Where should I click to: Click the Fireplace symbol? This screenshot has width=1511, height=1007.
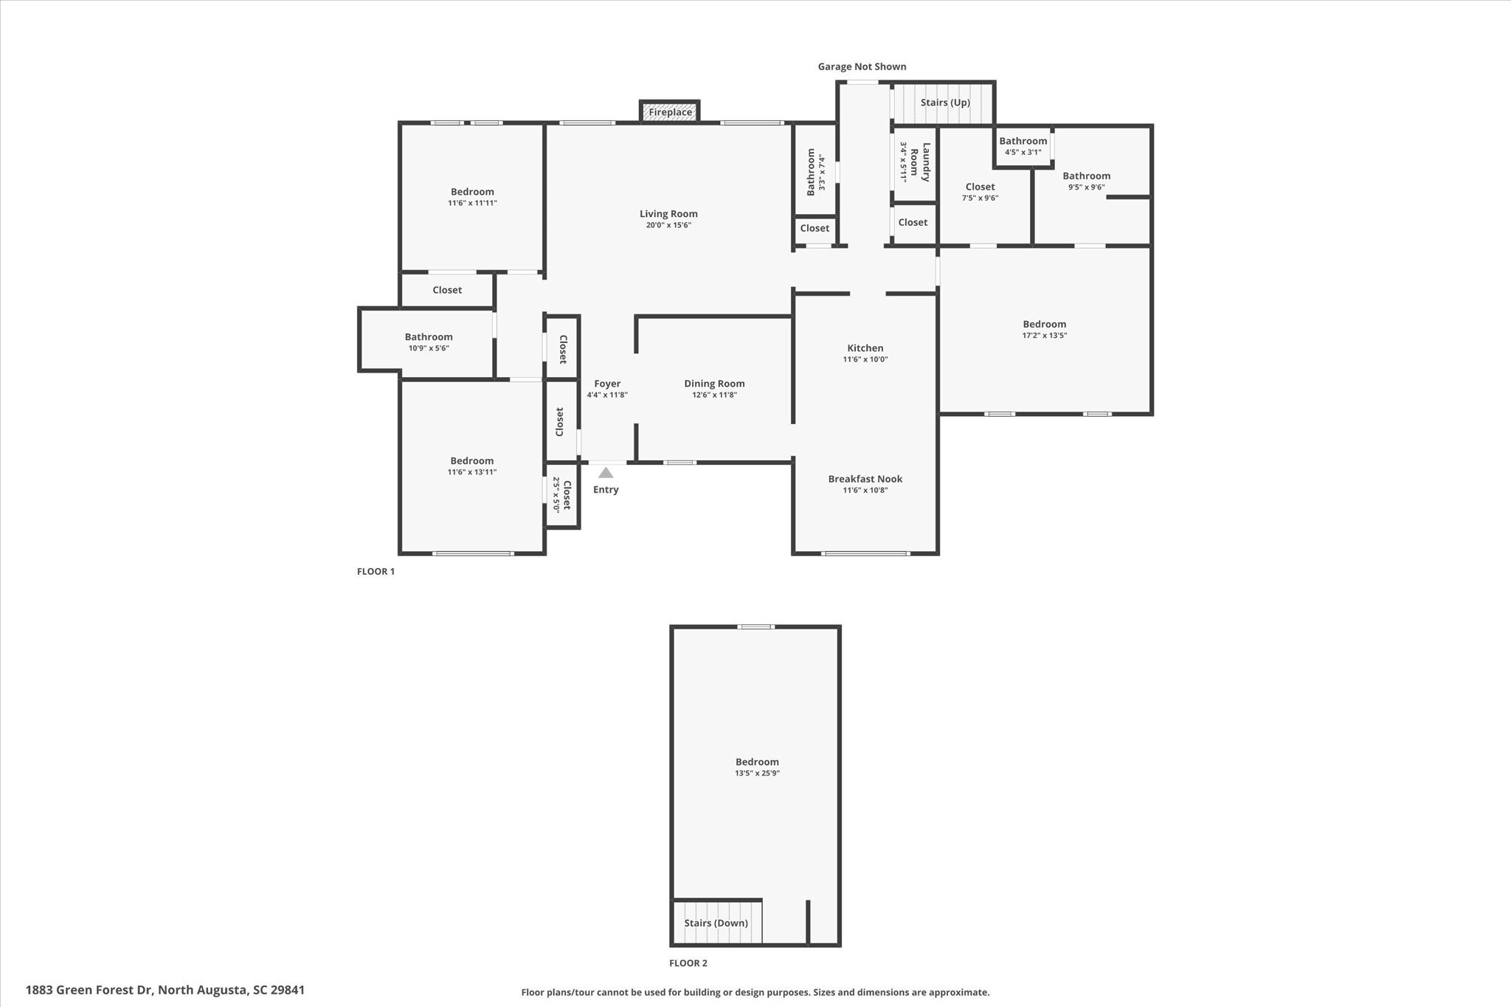[669, 112]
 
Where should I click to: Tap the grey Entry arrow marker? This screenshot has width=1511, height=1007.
[606, 473]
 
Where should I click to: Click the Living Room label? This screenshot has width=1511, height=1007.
[668, 214]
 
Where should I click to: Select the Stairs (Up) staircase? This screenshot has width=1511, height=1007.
[944, 103]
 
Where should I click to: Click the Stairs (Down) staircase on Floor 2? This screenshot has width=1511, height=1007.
[716, 922]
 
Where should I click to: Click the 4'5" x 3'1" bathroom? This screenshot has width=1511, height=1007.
[1023, 146]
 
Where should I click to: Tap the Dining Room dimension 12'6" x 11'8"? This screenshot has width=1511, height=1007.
[714, 395]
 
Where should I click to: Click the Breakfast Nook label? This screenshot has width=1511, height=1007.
[865, 479]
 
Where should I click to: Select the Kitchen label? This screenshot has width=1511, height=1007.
[865, 348]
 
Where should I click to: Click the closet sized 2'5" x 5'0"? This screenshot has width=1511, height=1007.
[562, 495]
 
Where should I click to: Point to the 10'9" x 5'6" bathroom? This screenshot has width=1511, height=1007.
[428, 342]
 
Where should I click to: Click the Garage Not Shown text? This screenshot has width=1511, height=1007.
[862, 66]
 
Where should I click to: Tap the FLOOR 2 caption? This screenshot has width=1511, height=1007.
[688, 963]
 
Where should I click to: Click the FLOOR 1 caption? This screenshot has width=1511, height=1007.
[376, 571]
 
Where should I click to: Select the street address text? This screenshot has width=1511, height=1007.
[165, 990]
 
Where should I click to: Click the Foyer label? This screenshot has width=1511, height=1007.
[607, 384]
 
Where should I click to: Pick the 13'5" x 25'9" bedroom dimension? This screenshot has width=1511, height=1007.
[757, 773]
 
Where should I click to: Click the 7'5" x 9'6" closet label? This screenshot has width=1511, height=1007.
[980, 192]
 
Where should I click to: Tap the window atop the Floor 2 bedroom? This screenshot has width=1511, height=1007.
[755, 627]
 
